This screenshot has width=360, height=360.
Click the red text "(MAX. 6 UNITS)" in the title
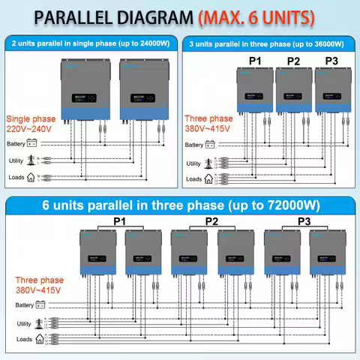[x=255, y=16]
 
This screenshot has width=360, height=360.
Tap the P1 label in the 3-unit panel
[x=253, y=61]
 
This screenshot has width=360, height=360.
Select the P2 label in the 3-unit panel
[x=293, y=61]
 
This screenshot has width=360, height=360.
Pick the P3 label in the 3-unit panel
[x=331, y=61]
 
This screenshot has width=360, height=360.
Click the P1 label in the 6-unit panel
[x=118, y=221]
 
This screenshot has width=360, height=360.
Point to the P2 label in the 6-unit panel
[x=211, y=221]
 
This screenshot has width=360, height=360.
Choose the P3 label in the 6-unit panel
[x=304, y=221]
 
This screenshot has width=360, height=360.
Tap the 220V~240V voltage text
[x=30, y=128]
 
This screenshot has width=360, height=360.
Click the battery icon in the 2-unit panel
[x=34, y=143]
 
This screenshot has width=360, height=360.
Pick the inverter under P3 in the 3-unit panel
[x=331, y=95]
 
